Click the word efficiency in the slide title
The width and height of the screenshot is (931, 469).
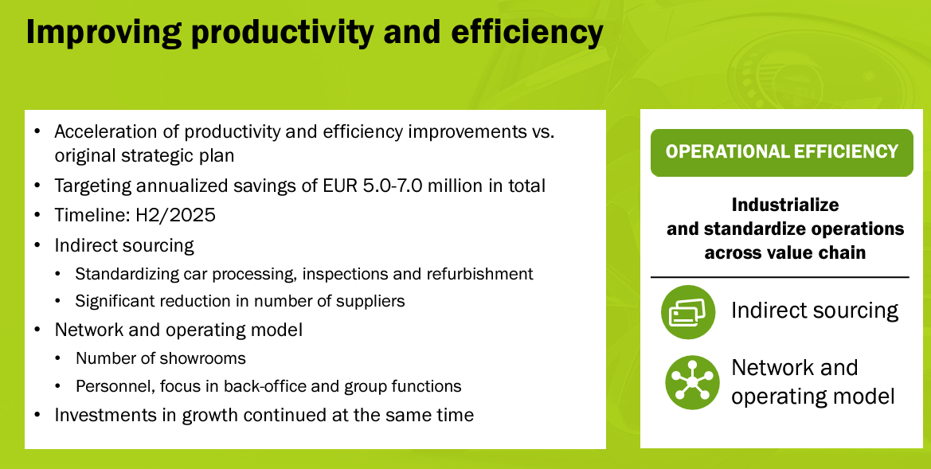pyautogui.click(x=527, y=33)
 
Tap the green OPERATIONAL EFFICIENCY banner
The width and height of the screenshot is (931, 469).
pyautogui.click(x=781, y=153)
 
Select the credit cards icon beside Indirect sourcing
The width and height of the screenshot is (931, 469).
pyautogui.click(x=687, y=311)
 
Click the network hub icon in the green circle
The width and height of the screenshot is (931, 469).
pyautogui.click(x=692, y=382)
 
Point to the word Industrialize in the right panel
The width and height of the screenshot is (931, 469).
pyautogui.click(x=785, y=205)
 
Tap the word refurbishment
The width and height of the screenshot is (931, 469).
pyautogui.click(x=479, y=274)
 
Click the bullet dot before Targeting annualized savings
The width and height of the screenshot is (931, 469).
pyautogui.click(x=38, y=186)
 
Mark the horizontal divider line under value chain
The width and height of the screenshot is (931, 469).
pyautogui.click(x=780, y=277)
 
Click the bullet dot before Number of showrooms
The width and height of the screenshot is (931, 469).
pyautogui.click(x=57, y=358)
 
